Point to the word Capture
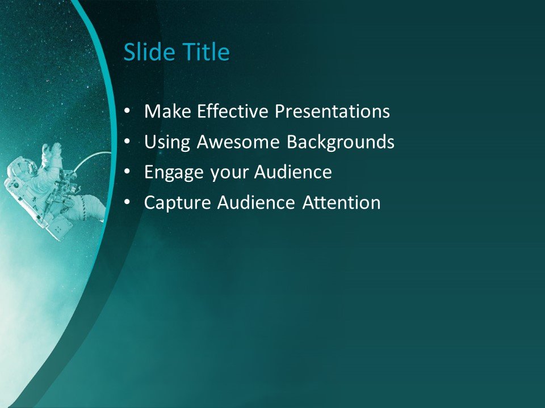pos(177,203)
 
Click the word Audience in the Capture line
pos(256,202)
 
